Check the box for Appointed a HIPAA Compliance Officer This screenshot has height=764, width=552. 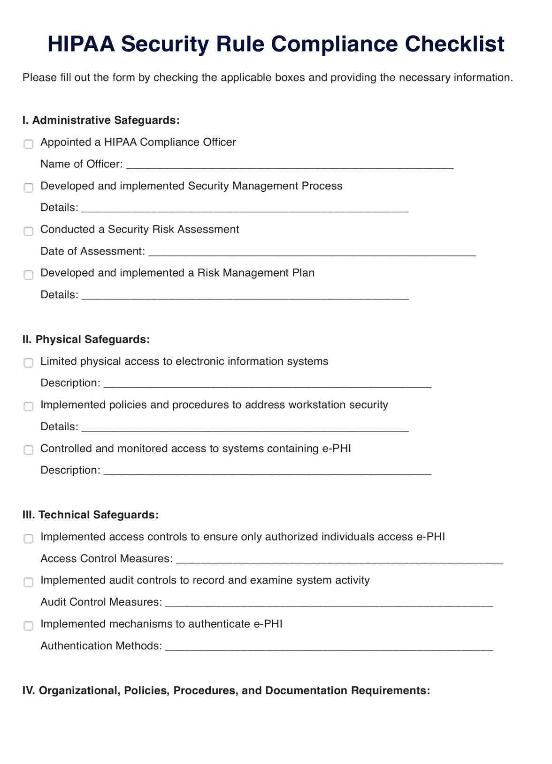[29, 144]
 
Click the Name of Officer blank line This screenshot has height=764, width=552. [290, 165]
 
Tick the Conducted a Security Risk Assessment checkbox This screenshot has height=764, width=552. [29, 231]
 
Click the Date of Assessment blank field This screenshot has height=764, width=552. [312, 252]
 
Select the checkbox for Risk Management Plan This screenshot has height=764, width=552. [29, 275]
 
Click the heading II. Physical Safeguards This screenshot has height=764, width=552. [86, 339]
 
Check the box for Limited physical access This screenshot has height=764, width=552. [29, 363]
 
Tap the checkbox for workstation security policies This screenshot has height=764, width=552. [29, 406]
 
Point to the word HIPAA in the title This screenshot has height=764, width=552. [81, 44]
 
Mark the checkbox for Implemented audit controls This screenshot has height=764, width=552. [29, 582]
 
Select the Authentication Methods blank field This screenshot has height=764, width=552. [329, 647]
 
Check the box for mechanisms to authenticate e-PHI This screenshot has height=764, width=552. [29, 626]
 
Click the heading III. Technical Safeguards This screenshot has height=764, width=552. [90, 515]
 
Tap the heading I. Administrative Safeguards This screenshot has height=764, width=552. [101, 120]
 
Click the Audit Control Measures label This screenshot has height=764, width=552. [101, 602]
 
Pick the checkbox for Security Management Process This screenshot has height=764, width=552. [29, 187]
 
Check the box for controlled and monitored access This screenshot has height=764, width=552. [29, 450]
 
